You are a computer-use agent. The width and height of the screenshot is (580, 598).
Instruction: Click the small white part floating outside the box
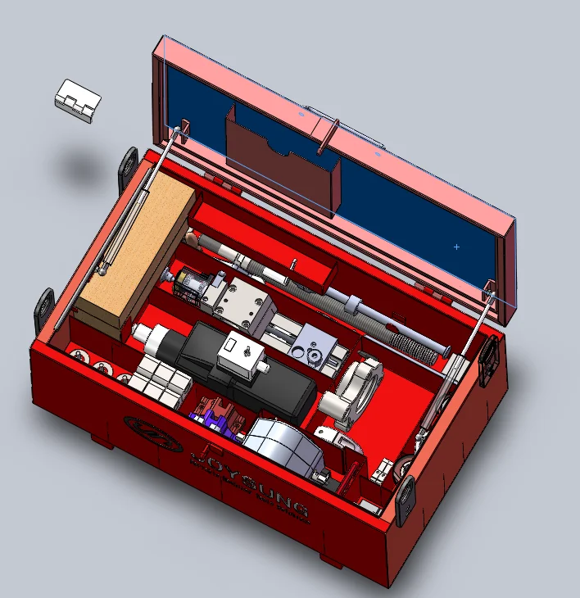(78, 102)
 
